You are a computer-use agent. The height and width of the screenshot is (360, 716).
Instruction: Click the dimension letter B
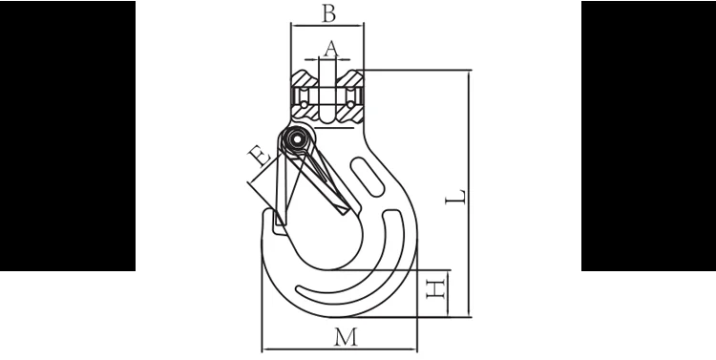click(328, 13)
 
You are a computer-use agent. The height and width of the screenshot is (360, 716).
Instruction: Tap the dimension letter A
click(331, 49)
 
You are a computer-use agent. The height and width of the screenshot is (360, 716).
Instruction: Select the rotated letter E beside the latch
click(260, 156)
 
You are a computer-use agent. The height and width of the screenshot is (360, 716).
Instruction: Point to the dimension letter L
click(455, 197)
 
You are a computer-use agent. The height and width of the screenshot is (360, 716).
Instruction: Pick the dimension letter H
click(435, 289)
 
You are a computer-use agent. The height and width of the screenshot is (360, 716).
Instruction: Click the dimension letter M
click(346, 337)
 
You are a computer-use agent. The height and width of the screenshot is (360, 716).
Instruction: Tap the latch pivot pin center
click(297, 138)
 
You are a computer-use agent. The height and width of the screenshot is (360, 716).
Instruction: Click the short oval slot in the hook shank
click(368, 178)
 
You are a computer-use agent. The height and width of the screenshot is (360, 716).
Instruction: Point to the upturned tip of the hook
click(267, 214)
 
